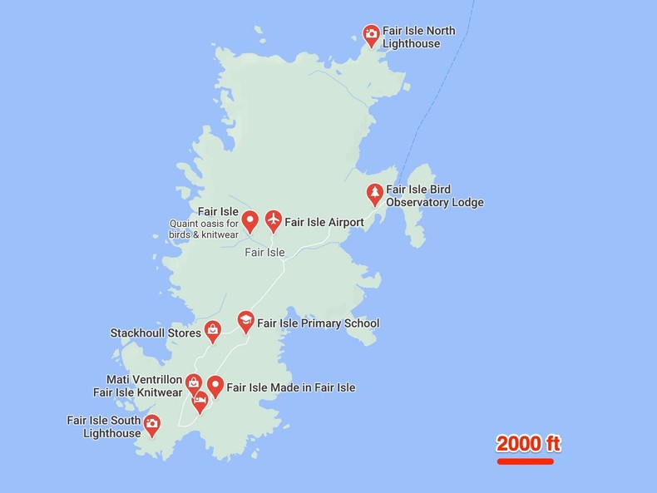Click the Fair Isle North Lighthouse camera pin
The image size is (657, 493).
371,34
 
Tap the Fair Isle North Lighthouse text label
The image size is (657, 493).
419,37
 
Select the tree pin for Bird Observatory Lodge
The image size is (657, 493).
375,194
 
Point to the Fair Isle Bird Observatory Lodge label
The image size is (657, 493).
434,196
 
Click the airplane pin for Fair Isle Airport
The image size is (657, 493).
273,219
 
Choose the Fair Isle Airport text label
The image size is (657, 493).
324,223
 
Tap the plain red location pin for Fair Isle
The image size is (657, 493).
249,220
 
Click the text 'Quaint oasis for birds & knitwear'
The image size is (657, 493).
204,229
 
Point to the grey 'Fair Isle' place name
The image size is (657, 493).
264,253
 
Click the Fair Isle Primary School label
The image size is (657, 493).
318,323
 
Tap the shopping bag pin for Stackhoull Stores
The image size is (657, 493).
213,330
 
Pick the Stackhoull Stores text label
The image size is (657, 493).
156,333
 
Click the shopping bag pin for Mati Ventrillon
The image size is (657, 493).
193,383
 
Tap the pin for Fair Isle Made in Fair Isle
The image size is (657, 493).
215,385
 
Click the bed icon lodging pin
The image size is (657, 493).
200,401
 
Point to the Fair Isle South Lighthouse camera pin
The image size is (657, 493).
151,425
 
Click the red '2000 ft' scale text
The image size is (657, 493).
529,444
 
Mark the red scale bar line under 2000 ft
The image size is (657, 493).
526,461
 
